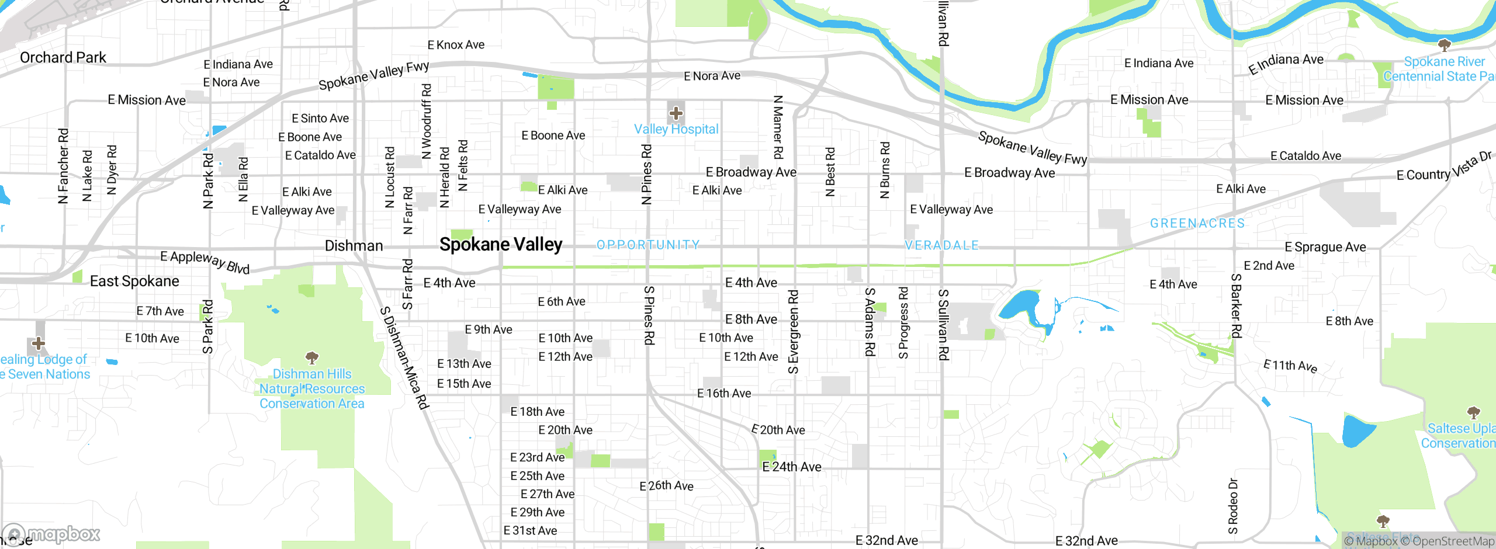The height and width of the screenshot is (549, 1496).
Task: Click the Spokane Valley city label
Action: [501, 244]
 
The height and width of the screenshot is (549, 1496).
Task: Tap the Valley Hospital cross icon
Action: [676, 113]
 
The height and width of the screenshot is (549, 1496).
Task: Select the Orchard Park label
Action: [63, 57]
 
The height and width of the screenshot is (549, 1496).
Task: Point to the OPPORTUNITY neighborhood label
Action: [648, 245]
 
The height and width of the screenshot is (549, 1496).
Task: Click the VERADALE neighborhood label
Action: [941, 245]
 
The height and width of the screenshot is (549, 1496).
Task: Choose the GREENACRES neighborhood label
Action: [1197, 223]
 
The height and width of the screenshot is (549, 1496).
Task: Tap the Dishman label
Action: [354, 246]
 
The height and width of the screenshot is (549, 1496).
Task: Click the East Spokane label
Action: [134, 282]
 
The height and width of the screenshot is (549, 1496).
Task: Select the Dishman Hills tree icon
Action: [312, 357]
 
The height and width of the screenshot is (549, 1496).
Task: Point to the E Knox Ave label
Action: [456, 45]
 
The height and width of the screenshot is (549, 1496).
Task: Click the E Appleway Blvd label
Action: [205, 262]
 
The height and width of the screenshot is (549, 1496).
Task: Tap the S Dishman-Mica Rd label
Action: [404, 358]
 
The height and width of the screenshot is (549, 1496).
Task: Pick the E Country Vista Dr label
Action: [1443, 167]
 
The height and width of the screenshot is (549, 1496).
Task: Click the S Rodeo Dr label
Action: [1233, 506]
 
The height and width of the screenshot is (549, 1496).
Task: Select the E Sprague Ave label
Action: [1325, 247]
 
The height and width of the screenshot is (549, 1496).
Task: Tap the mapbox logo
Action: [51, 534]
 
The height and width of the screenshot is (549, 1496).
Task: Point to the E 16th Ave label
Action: [724, 394]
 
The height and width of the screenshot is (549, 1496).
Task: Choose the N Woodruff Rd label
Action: [427, 121]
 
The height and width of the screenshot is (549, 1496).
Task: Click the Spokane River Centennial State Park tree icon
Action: [1444, 45]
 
